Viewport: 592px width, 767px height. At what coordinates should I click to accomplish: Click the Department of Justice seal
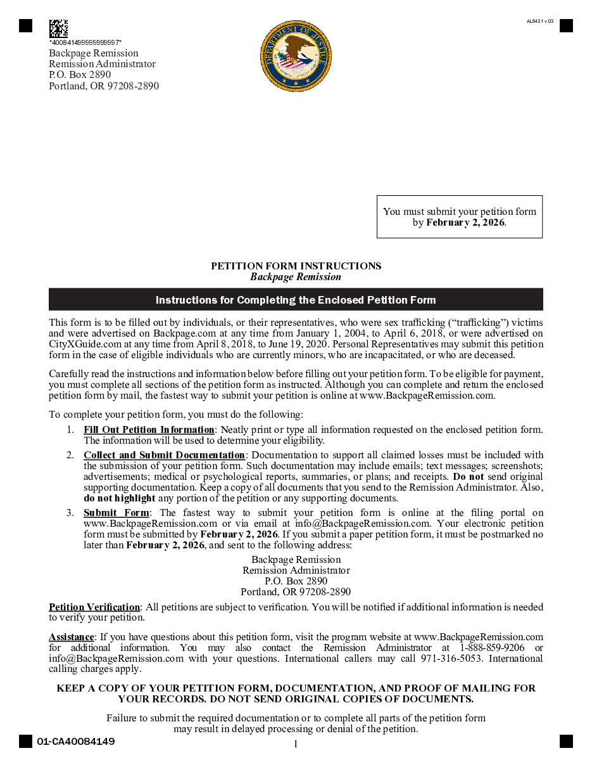[296, 56]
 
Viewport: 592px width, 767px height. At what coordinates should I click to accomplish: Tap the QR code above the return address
[58, 29]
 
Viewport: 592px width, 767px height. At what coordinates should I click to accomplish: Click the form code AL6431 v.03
[540, 21]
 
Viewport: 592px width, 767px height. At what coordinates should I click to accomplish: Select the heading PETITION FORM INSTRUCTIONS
[296, 266]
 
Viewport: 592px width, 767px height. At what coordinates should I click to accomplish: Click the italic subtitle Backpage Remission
[296, 277]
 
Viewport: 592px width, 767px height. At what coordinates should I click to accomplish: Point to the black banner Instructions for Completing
[296, 300]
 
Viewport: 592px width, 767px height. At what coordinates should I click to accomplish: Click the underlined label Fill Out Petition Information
[149, 430]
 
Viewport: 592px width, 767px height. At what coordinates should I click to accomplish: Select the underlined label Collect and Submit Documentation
[164, 455]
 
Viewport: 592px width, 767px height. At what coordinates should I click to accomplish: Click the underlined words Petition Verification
[94, 607]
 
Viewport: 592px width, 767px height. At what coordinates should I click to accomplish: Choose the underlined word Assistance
[72, 637]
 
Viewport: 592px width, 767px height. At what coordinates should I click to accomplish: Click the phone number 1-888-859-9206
[492, 648]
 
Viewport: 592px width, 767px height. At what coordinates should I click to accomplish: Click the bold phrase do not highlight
[120, 498]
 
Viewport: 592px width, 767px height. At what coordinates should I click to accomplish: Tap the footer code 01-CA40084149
[76, 742]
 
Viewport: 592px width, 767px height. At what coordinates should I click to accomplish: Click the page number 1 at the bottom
[296, 744]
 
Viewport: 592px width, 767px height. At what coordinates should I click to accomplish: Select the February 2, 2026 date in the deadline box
[465, 222]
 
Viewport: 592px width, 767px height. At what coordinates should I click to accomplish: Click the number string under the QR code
[85, 42]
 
